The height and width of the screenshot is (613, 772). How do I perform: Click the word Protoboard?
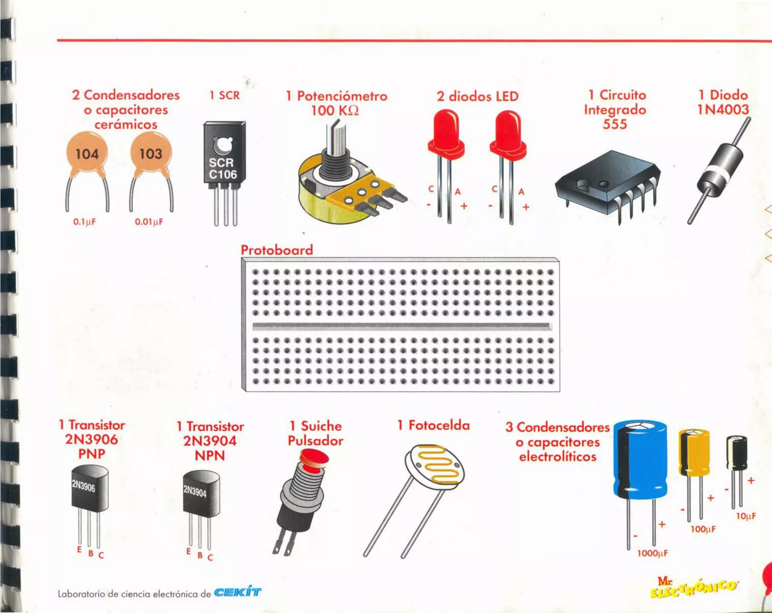[277, 250]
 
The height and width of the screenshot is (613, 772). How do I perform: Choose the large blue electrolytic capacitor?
[640, 460]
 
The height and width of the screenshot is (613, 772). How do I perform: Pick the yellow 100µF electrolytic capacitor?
[694, 452]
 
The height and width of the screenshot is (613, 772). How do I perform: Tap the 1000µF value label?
[653, 553]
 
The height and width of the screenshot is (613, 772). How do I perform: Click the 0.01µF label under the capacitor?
[149, 222]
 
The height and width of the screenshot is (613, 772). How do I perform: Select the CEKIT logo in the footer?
[237, 592]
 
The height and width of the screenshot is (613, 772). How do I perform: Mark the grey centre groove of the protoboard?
[401, 326]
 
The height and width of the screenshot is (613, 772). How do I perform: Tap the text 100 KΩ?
[335, 111]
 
